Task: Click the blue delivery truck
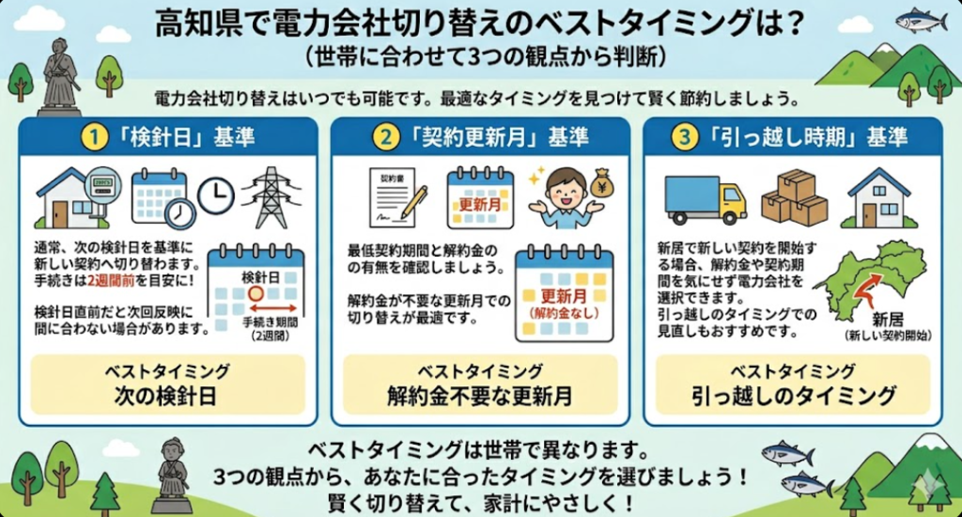pyautogui.click(x=704, y=198)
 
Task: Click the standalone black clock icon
pyautogui.click(x=215, y=193)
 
